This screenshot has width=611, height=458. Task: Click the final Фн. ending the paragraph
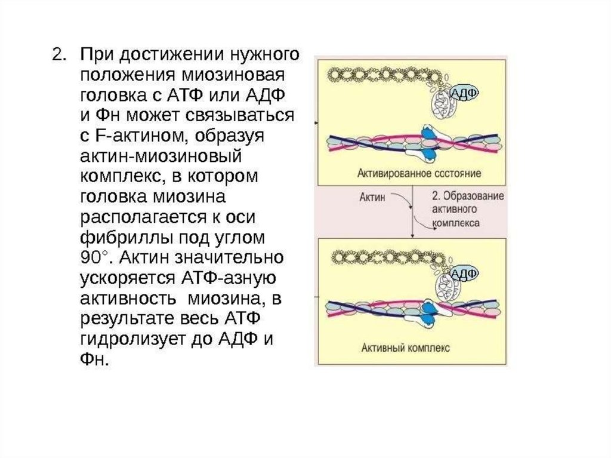95,360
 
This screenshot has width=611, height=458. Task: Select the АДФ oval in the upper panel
464,94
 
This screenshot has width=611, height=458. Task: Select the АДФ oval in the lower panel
463,273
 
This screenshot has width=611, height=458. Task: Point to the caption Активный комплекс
405,347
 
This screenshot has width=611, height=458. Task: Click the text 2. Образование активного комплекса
467,209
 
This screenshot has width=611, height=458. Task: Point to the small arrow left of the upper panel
314,121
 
